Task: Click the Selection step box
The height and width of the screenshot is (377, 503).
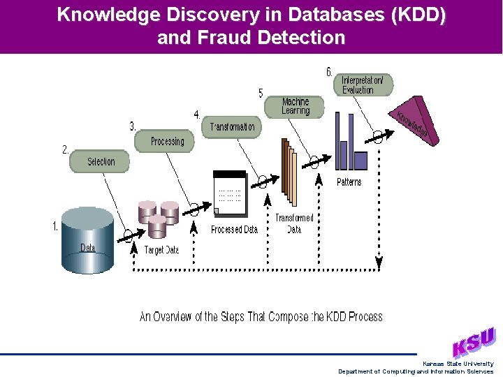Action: tap(100, 161)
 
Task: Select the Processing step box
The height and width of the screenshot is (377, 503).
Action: tap(167, 141)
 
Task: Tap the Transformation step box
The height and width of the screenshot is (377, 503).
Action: tap(232, 127)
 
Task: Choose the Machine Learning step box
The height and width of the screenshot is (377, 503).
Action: tap(295, 106)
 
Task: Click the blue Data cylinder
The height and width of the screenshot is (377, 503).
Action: tap(87, 234)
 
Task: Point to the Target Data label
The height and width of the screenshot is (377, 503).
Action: tap(161, 250)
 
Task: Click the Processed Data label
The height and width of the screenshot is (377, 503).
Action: tap(234, 230)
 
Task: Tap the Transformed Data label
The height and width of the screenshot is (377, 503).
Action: tap(294, 223)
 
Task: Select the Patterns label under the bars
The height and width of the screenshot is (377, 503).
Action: tap(349, 182)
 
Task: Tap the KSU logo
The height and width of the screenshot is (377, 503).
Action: tap(474, 342)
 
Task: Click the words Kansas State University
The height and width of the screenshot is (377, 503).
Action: tap(458, 364)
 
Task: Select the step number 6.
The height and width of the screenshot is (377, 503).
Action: tap(329, 72)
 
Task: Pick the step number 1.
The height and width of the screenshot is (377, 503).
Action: tap(56, 226)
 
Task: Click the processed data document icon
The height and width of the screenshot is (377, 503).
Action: tap(230, 193)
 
